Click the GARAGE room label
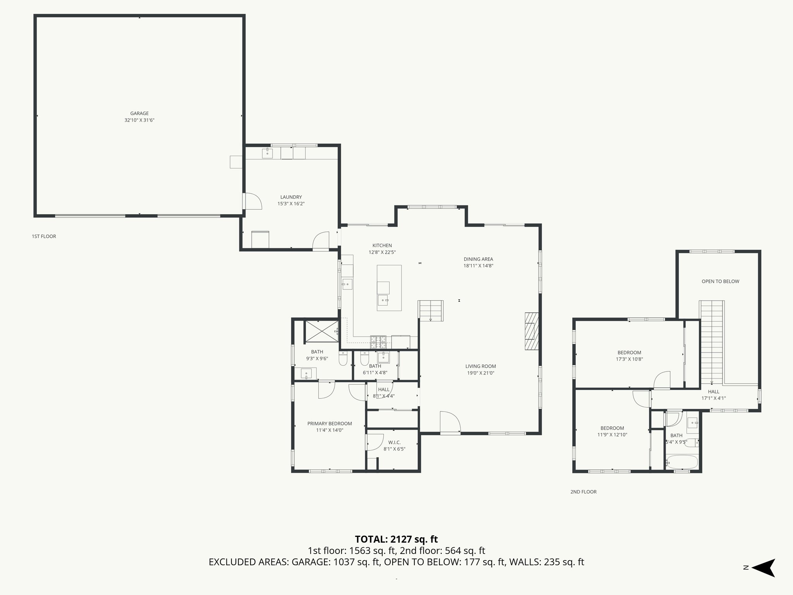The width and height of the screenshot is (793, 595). coord(139,113)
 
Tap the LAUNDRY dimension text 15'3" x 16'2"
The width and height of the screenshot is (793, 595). coord(291,204)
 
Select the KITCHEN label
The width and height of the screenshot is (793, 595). coord(382,246)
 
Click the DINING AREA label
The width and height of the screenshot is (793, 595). coord(478,259)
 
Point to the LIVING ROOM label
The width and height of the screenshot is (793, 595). coord(481,366)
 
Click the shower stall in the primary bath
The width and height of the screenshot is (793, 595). coord(321,332)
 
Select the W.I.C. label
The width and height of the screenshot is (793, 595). coord(394,442)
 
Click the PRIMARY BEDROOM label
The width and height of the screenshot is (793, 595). coord(330,423)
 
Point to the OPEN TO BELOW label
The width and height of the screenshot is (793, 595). coord(720,282)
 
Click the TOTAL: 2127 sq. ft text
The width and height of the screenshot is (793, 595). coord(396,539)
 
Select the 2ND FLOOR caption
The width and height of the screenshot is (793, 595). coord(583,492)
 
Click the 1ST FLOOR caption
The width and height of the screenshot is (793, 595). coord(44,236)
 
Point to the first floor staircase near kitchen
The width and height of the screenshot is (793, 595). coord(431,311)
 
